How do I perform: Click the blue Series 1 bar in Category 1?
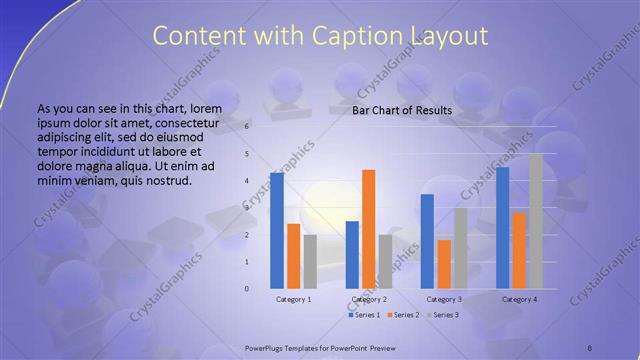pos(276,230)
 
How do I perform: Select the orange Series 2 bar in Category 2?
pos(368,228)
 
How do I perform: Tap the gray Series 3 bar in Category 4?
pos(536,220)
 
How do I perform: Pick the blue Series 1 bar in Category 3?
pos(427,240)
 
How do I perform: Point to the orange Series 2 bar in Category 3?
pos(444,263)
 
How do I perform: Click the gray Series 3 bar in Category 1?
pos(310,261)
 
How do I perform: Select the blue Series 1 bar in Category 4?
pos(502,227)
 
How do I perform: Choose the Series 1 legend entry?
pos(364,315)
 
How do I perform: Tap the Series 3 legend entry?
pos(443,315)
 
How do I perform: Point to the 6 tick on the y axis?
pos(247,127)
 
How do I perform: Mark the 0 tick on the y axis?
pos(247,288)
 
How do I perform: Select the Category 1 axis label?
pos(293,299)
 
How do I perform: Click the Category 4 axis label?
pos(519,299)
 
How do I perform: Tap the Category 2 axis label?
pos(368,299)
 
